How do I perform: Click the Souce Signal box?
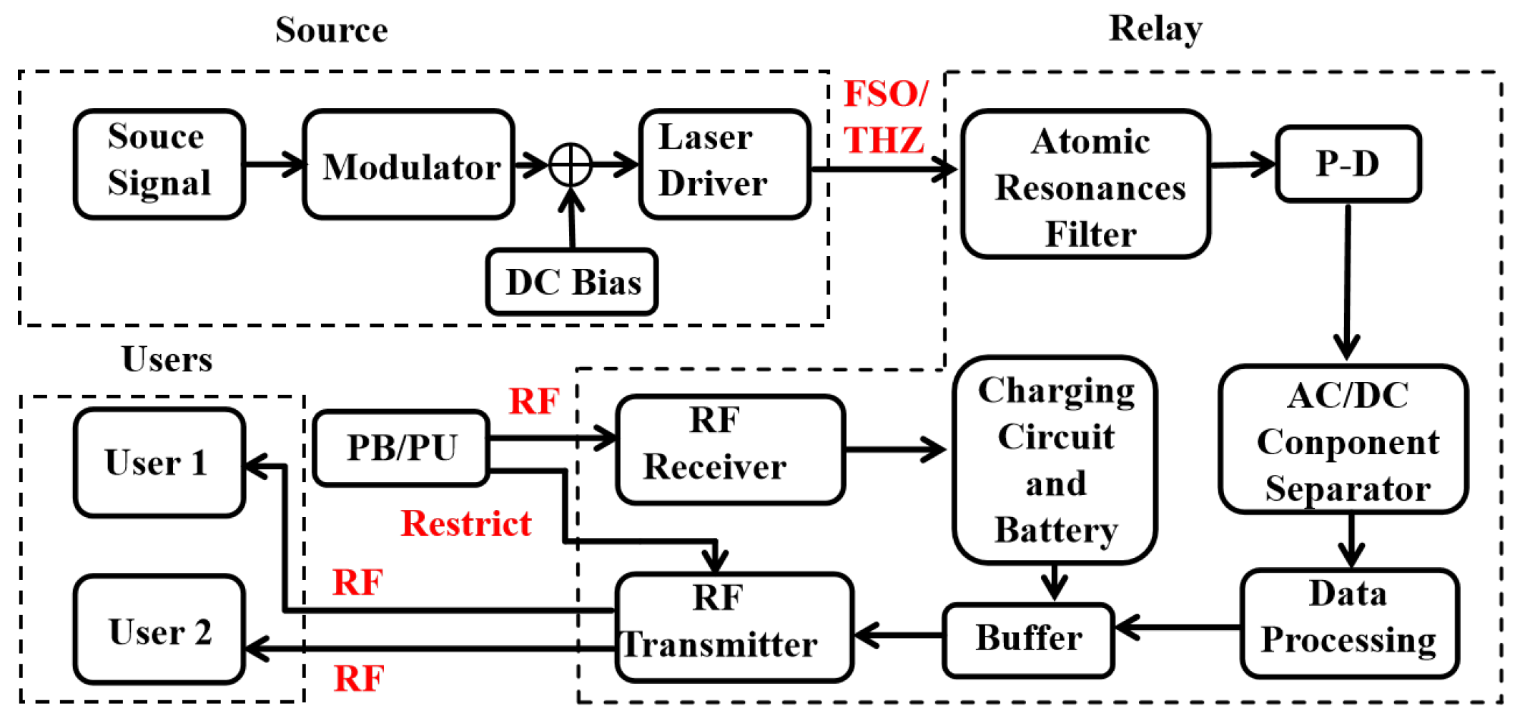pos(159,164)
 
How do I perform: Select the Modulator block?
pos(408,165)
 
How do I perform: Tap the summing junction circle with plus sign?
pos(571,165)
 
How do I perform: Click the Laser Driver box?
pos(724,164)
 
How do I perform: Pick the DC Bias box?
pos(572,282)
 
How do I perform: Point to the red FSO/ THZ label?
pos(885,117)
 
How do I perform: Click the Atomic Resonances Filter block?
pos(1085,184)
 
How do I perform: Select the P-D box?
pos(1348,164)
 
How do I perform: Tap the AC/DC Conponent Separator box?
pos(1345,440)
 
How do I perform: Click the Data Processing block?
pos(1349,624)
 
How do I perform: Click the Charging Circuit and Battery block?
pos(1055,460)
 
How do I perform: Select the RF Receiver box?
pos(730,449)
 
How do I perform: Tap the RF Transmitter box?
pos(734,627)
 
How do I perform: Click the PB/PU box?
pos(401,448)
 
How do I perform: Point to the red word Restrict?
pos(465,524)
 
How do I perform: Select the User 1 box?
pos(159,463)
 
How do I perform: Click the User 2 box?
pos(159,630)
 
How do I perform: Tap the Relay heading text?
pos(1155,30)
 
